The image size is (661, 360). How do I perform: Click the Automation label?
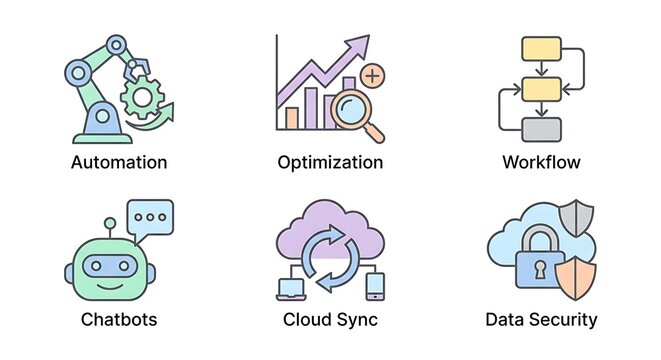(119, 162)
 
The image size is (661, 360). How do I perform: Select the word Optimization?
(330, 162)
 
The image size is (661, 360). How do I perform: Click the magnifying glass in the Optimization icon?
(355, 107)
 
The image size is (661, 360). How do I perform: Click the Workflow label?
(541, 162)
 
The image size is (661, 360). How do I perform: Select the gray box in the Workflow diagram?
(541, 130)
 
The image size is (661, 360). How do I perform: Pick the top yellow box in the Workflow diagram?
(541, 48)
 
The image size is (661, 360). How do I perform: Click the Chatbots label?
(119, 320)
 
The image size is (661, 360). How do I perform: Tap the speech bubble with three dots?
(150, 216)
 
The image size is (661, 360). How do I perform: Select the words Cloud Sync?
(330, 320)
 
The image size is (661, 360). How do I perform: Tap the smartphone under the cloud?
(374, 286)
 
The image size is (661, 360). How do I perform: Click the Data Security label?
(541, 320)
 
